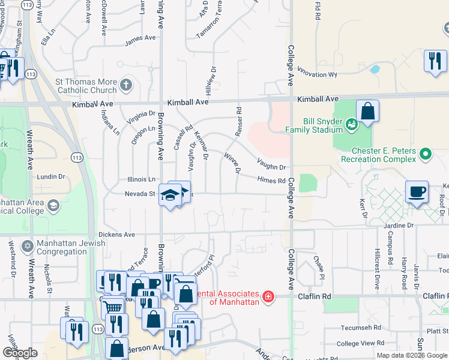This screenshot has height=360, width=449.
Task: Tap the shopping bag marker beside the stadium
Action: pos(367,112)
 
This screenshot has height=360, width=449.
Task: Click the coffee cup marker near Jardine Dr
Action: pos(417,193)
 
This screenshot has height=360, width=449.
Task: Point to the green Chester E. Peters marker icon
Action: pos(426,154)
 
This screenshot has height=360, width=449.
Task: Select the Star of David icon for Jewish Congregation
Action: pos(27,247)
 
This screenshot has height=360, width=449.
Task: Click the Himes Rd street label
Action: pos(271,180)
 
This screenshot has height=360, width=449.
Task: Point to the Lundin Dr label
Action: pos(50,176)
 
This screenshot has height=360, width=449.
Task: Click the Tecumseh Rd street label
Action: pos(359,328)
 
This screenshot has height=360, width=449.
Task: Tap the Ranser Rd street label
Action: pos(238,122)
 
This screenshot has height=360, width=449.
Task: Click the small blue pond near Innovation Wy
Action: pos(375,69)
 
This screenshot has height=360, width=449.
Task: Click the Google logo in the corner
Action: pos(20,353)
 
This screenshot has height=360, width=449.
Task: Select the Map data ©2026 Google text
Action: pos(411,355)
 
